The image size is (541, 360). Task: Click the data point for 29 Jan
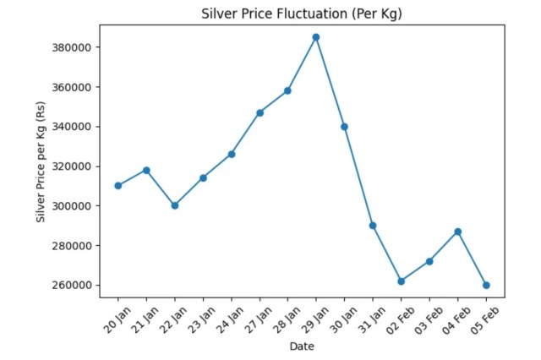click(316, 37)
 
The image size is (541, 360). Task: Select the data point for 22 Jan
click(175, 205)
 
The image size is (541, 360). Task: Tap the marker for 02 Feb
click(402, 281)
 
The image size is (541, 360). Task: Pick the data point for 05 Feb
click(486, 285)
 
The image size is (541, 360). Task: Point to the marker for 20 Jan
click(118, 186)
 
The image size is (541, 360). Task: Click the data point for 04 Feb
click(458, 232)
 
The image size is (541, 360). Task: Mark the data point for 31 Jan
click(373, 226)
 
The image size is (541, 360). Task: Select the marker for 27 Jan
click(260, 112)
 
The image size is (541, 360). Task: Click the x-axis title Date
click(302, 346)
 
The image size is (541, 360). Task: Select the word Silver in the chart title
click(218, 14)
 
